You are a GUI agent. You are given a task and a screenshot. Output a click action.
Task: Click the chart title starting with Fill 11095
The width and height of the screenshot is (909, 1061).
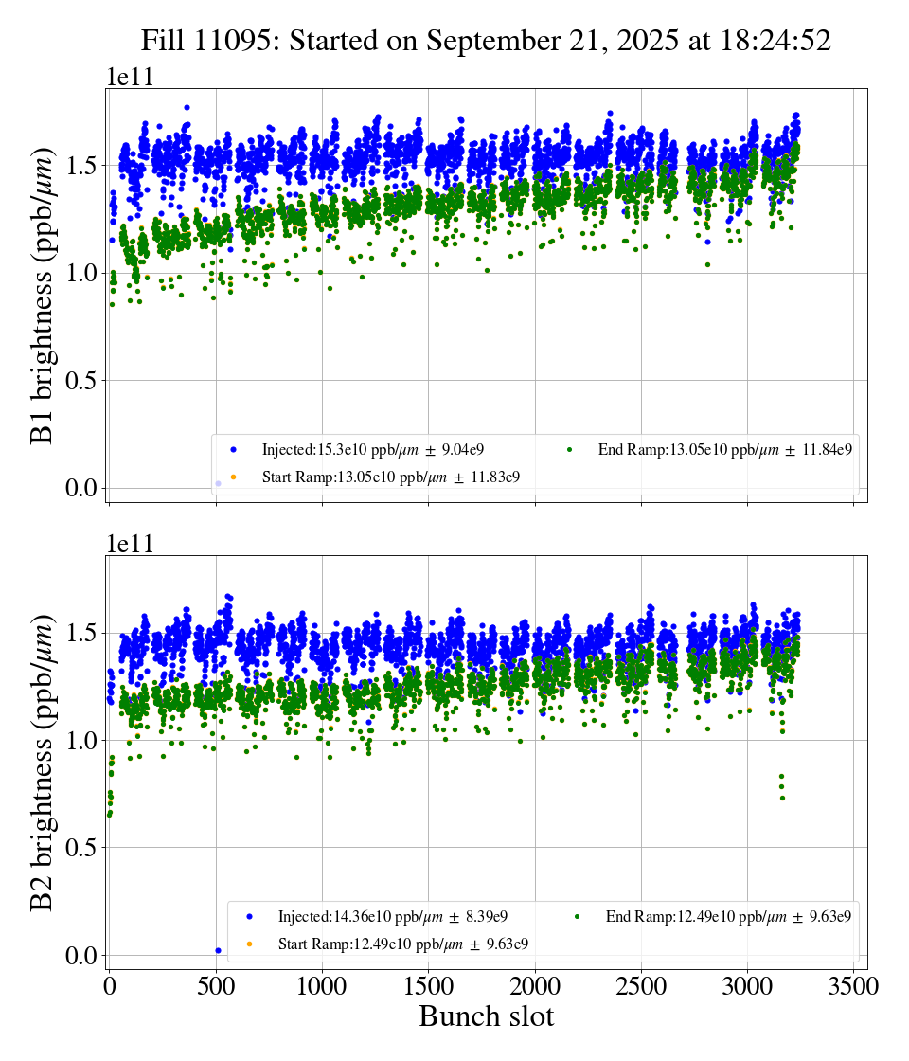[x=486, y=41]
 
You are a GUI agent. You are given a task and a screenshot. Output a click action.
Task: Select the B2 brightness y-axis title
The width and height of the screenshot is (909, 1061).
[x=42, y=764]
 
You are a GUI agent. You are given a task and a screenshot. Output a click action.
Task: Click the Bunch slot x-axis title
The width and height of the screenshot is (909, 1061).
[x=486, y=1016]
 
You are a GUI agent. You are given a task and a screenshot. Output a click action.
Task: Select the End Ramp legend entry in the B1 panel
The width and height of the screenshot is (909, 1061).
[x=725, y=450]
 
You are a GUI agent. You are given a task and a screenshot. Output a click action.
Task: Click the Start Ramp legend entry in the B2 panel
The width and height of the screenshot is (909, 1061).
[x=402, y=944]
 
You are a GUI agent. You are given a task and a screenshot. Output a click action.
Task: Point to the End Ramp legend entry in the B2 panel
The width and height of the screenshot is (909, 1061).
[x=727, y=916]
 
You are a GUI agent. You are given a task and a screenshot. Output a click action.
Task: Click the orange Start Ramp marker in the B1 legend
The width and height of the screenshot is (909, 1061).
[x=233, y=477]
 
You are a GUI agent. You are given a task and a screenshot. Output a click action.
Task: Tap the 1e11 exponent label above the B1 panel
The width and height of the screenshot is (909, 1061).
[x=129, y=78]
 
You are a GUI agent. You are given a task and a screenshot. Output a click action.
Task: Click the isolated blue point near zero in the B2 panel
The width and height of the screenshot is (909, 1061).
[x=218, y=950]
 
